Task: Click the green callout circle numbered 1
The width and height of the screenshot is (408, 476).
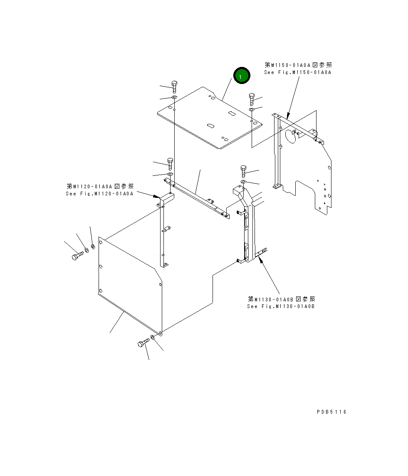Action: (x=242, y=76)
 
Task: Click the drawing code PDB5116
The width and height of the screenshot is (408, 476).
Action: (x=331, y=412)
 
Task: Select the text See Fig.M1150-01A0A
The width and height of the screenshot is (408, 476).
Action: (x=297, y=72)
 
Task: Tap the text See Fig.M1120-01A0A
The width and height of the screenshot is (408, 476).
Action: (x=100, y=194)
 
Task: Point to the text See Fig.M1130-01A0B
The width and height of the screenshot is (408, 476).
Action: (x=281, y=306)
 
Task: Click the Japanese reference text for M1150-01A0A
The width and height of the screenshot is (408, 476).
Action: (x=298, y=65)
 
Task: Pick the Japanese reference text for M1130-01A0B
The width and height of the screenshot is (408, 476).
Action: (x=281, y=299)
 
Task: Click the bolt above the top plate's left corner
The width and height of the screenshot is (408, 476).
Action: (x=174, y=87)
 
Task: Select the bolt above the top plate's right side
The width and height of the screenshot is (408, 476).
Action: (x=252, y=100)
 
